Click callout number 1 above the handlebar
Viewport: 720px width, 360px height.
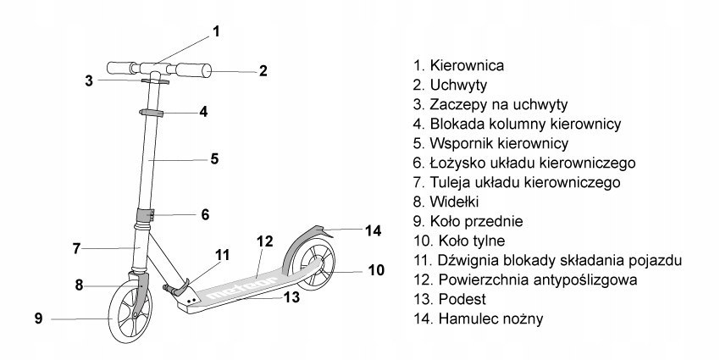coord(217,32)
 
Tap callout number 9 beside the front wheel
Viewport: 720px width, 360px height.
coord(38,318)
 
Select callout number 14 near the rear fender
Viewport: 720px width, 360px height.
coord(374,230)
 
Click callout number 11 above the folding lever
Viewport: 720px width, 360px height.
coord(222,254)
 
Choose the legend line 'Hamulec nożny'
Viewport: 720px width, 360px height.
coord(490,319)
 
